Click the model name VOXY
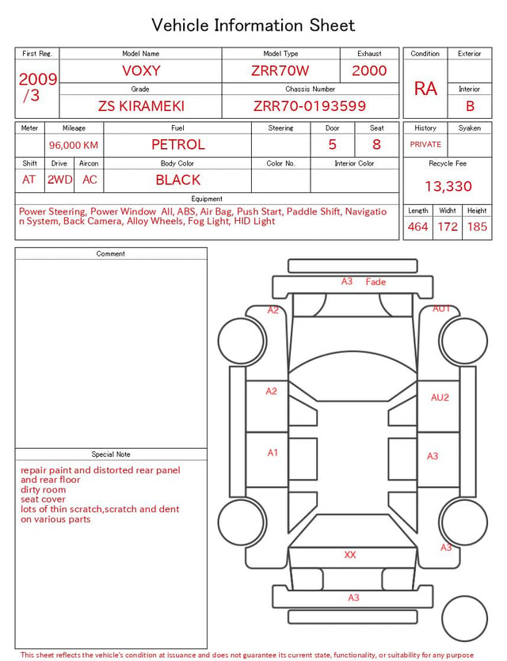[x=141, y=70]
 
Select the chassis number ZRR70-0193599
[x=310, y=106]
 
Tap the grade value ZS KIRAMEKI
[x=141, y=106]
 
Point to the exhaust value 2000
[x=369, y=70]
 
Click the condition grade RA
[x=425, y=89]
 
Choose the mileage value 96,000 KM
[x=74, y=146]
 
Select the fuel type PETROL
[x=178, y=145]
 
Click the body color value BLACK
[x=178, y=180]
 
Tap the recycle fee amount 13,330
[x=448, y=186]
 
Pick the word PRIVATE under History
[x=425, y=144]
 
